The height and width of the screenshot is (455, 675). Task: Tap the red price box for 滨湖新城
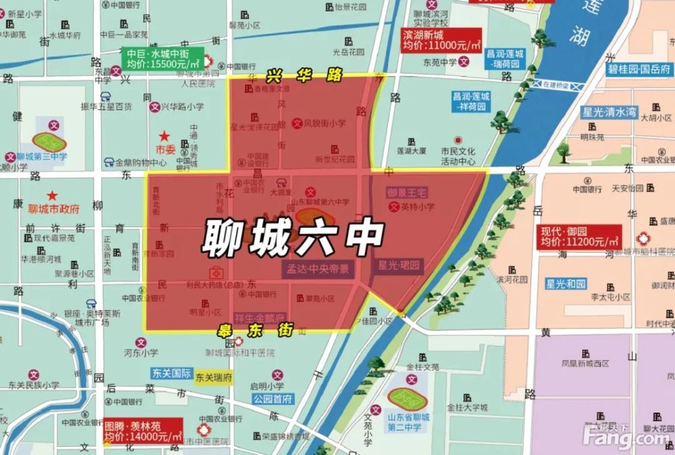pos(441,40)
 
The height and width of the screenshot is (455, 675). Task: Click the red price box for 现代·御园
pos(579,236)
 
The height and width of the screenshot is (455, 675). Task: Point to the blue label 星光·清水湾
pos(609,113)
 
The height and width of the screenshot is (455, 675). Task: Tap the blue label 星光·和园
pos(567,283)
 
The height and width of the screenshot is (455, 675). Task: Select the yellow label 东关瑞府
pos(213,377)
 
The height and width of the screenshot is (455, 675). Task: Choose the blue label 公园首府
pos(273,398)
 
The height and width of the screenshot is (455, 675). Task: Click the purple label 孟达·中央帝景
pos(317,268)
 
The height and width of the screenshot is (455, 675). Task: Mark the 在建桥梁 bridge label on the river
pos(549,85)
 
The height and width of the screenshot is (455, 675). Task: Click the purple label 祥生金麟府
pos(259,317)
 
